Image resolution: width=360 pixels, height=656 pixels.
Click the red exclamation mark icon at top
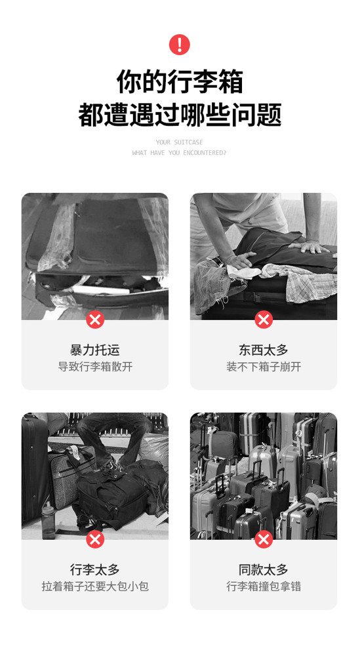tap(179, 45)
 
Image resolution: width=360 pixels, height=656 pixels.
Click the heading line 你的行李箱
tap(179, 82)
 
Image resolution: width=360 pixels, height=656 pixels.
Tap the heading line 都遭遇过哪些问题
tap(179, 115)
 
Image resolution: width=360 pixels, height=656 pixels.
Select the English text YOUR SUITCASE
tap(179, 142)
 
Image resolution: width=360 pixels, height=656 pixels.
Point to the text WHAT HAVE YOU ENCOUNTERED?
tap(179, 153)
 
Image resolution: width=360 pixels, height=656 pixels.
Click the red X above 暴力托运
tap(95, 319)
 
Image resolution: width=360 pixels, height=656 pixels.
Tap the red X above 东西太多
tap(264, 319)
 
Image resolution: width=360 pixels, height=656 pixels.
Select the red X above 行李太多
tap(95, 539)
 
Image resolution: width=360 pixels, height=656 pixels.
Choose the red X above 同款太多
tap(264, 539)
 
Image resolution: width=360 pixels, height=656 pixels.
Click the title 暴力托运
tap(95, 350)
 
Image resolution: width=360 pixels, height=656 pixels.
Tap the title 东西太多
tap(264, 350)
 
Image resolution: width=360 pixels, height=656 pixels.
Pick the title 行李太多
tap(95, 569)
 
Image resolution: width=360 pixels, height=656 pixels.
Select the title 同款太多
tap(264, 569)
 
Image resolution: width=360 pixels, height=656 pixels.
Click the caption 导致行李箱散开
tap(95, 367)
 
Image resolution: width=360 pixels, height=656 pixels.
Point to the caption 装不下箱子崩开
tap(264, 367)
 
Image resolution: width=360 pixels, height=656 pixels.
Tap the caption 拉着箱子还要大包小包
tap(95, 586)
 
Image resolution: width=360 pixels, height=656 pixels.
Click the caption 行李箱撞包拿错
tap(264, 586)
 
